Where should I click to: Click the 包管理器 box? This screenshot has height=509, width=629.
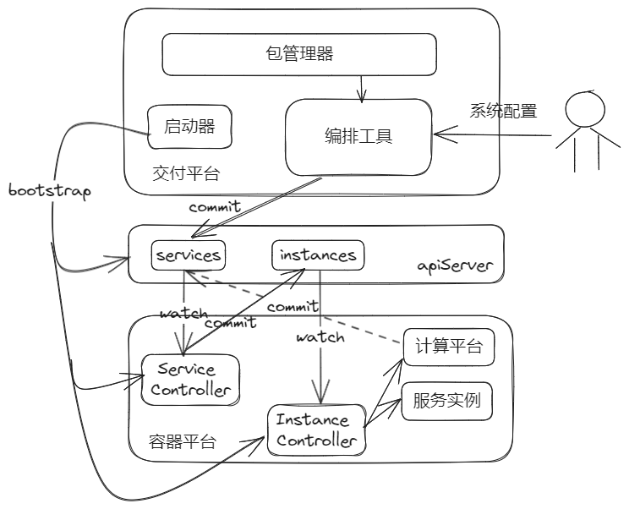298,56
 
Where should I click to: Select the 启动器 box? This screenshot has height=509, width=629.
189,127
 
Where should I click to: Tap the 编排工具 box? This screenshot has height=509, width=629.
358,136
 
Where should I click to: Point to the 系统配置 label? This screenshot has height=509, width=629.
504,110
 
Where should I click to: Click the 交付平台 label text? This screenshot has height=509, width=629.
186,173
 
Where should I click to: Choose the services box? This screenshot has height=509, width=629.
188,254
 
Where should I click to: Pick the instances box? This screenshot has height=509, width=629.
318,254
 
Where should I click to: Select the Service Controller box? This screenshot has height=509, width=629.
187,379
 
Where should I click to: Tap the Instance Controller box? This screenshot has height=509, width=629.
318,430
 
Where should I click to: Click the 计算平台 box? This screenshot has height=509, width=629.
448,348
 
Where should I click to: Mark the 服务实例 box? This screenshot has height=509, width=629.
447,401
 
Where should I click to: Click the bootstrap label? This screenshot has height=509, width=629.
48,190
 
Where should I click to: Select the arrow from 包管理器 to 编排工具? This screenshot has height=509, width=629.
362,87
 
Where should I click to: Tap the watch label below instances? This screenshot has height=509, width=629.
320,337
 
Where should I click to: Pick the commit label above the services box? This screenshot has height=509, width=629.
214,206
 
